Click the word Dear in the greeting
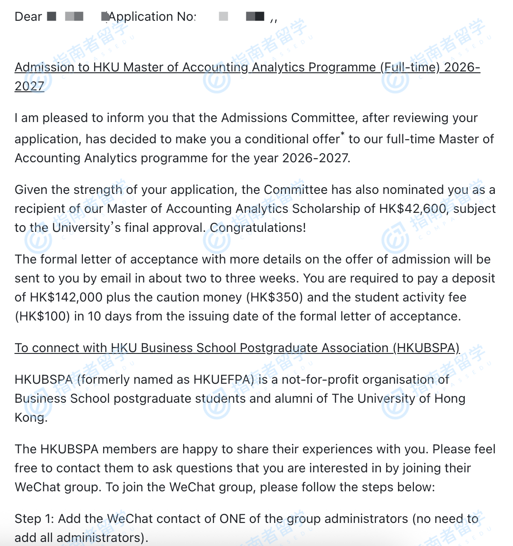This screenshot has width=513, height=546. [x=28, y=17]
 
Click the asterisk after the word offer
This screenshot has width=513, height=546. [x=342, y=134]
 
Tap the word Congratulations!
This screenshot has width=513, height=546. [x=258, y=228]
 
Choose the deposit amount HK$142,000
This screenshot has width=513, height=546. [x=80, y=297]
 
